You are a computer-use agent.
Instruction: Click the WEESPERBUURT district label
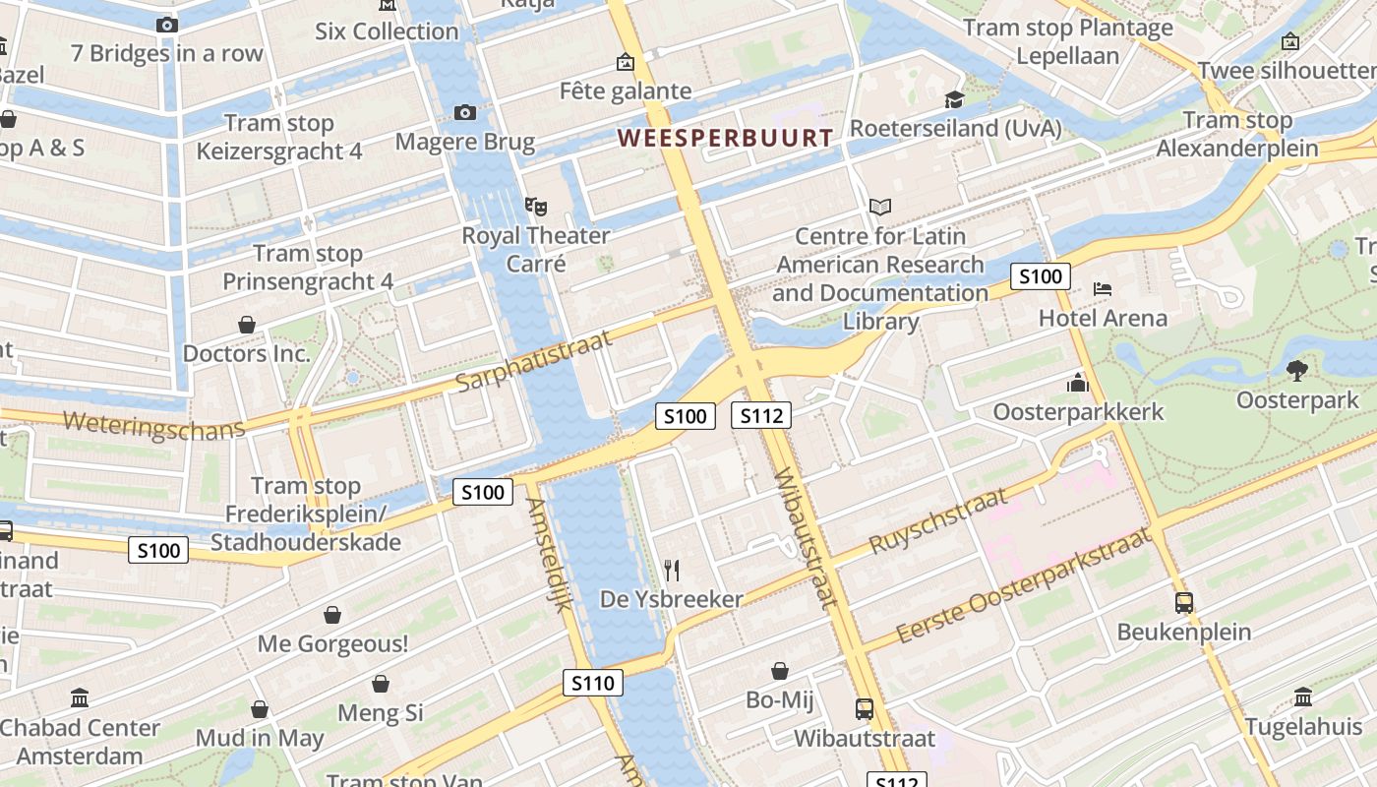[726, 138]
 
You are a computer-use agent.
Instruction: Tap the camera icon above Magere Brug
[465, 113]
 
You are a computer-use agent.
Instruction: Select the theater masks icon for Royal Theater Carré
[535, 207]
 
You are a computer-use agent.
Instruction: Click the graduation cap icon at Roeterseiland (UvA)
[954, 99]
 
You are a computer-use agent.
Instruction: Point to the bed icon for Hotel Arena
[1103, 289]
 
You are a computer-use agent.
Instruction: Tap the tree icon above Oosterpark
[1296, 370]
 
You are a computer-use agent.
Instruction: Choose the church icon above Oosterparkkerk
[1078, 383]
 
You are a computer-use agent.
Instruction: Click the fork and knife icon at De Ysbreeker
[672, 570]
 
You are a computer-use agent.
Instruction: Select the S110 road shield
[593, 683]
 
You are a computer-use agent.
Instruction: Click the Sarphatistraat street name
[535, 361]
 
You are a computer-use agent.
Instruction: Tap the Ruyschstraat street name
[939, 520]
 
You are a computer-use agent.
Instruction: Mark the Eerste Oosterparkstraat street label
[1023, 587]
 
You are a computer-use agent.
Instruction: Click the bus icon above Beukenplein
[1184, 603]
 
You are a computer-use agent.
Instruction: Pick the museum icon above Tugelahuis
[1303, 697]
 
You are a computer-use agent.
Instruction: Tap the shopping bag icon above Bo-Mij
[780, 671]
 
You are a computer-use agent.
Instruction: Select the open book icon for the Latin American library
[880, 208]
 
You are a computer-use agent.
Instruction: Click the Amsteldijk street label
[549, 554]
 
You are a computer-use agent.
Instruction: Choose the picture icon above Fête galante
[625, 63]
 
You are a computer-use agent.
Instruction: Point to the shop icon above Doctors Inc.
[247, 325]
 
